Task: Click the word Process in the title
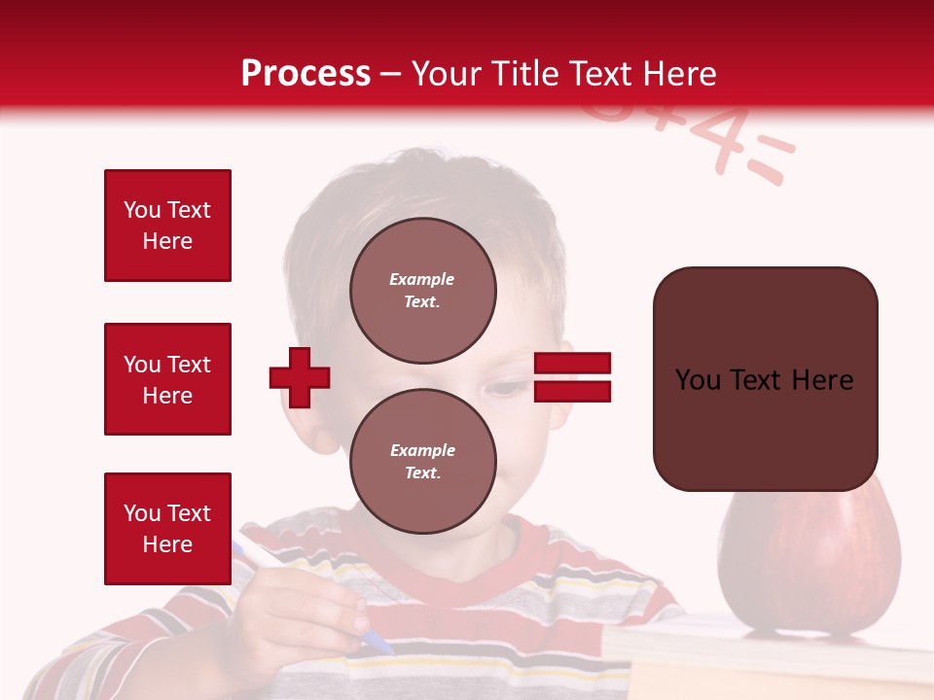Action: pos(305,74)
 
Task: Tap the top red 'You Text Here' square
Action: pos(167,226)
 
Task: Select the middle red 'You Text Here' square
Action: pos(167,379)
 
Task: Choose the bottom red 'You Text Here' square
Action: pos(167,529)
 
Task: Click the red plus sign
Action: pos(300,376)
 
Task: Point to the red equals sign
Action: pos(572,378)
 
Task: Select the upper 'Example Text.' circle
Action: pos(422,291)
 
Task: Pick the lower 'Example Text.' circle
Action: pos(422,461)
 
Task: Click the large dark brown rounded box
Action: pos(765,379)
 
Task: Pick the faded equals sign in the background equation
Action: pos(769,160)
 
